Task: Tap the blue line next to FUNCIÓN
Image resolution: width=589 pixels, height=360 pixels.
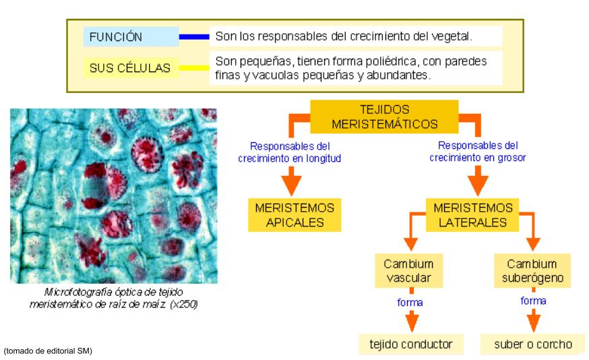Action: point(194,36)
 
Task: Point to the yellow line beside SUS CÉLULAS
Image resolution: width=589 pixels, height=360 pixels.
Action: point(194,67)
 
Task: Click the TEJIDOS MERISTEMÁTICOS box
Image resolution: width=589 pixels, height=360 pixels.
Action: point(384,117)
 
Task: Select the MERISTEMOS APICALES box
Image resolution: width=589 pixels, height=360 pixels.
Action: point(294,215)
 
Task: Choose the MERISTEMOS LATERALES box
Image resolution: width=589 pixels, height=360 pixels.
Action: point(472,215)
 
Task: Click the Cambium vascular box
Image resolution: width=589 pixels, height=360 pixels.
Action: point(408,270)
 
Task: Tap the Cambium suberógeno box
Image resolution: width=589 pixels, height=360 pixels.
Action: point(532,270)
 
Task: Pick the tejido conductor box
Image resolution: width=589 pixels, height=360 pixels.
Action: point(410,344)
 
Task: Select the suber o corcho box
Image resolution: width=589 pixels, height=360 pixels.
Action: point(532,344)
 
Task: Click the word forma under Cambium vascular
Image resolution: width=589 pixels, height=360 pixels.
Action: point(410,303)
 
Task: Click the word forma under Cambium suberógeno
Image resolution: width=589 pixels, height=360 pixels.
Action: point(533,301)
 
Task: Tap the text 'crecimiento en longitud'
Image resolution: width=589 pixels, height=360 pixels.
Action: point(290,158)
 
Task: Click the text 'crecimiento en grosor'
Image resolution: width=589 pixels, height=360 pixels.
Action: point(478,157)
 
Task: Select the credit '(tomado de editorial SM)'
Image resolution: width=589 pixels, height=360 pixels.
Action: point(47,351)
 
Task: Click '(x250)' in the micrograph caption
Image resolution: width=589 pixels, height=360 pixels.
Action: point(184,304)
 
